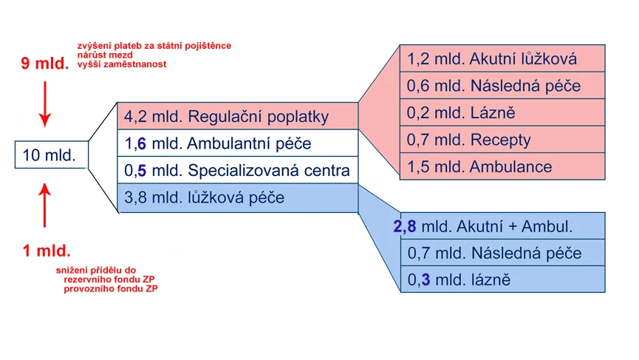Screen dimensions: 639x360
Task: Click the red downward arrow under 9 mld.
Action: [45, 104]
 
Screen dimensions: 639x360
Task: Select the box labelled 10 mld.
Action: [52, 154]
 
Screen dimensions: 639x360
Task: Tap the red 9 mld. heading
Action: [45, 63]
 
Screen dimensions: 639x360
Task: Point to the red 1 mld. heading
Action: [47, 251]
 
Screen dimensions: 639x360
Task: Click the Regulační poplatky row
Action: [238, 116]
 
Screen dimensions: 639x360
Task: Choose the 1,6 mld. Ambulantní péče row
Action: [238, 143]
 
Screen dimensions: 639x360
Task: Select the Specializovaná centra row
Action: [238, 170]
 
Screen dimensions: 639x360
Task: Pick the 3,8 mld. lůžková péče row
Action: [238, 197]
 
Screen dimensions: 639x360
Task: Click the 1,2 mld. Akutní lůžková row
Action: [502, 58]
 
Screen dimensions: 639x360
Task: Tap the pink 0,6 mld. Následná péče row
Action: [502, 85]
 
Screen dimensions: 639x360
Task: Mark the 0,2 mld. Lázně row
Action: [502, 112]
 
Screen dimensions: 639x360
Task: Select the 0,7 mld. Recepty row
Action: [502, 140]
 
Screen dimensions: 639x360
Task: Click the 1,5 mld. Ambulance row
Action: [502, 166]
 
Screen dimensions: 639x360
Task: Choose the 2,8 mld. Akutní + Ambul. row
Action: [502, 226]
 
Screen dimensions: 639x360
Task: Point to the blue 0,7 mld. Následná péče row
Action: [502, 253]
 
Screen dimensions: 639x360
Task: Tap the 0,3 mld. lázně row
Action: [502, 279]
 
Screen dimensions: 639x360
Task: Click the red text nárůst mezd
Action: [105, 55]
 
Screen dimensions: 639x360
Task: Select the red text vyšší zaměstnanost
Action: [121, 64]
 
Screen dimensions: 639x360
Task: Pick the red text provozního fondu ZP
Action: [110, 288]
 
